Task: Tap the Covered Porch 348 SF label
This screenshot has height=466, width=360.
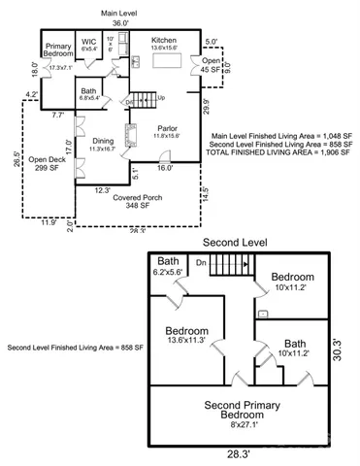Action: pyautogui.click(x=137, y=201)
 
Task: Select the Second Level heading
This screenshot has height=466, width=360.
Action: pyautogui.click(x=236, y=242)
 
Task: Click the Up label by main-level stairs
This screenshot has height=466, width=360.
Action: pyautogui.click(x=161, y=97)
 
